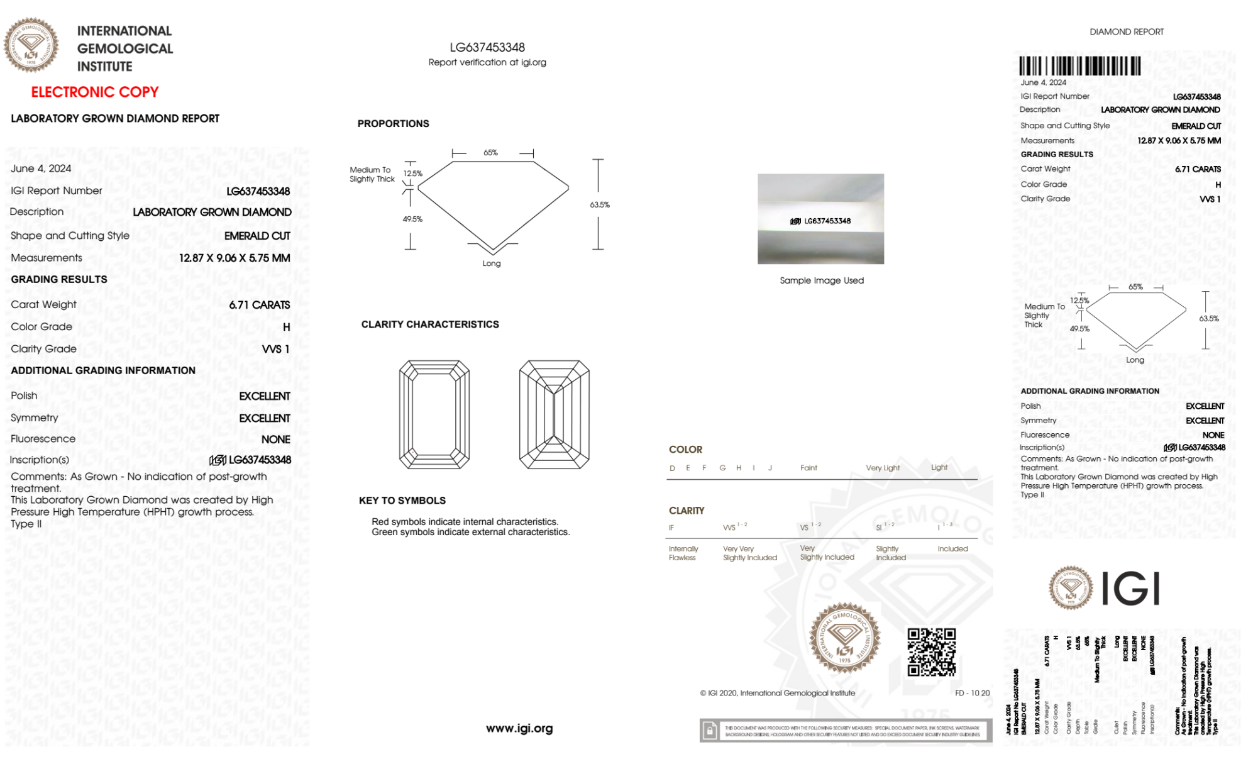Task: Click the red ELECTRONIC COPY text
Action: (95, 92)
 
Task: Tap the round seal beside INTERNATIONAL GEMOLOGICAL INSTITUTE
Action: (31, 45)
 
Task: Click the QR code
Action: (931, 652)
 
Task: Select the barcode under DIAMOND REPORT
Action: (1079, 66)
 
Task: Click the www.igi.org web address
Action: (519, 728)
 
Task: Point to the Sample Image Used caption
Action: (822, 280)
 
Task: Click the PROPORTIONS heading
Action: (393, 124)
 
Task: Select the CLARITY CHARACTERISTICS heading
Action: (430, 324)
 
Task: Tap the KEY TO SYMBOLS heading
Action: (402, 501)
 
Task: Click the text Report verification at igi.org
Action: (487, 62)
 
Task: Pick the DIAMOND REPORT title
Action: (1127, 31)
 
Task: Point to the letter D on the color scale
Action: (672, 468)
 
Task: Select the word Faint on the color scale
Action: (808, 468)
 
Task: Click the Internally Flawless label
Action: (683, 553)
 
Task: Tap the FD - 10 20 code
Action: (972, 693)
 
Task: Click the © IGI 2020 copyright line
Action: (778, 693)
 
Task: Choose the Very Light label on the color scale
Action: (883, 468)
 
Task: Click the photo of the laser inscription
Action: (820, 219)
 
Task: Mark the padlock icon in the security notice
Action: (710, 731)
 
